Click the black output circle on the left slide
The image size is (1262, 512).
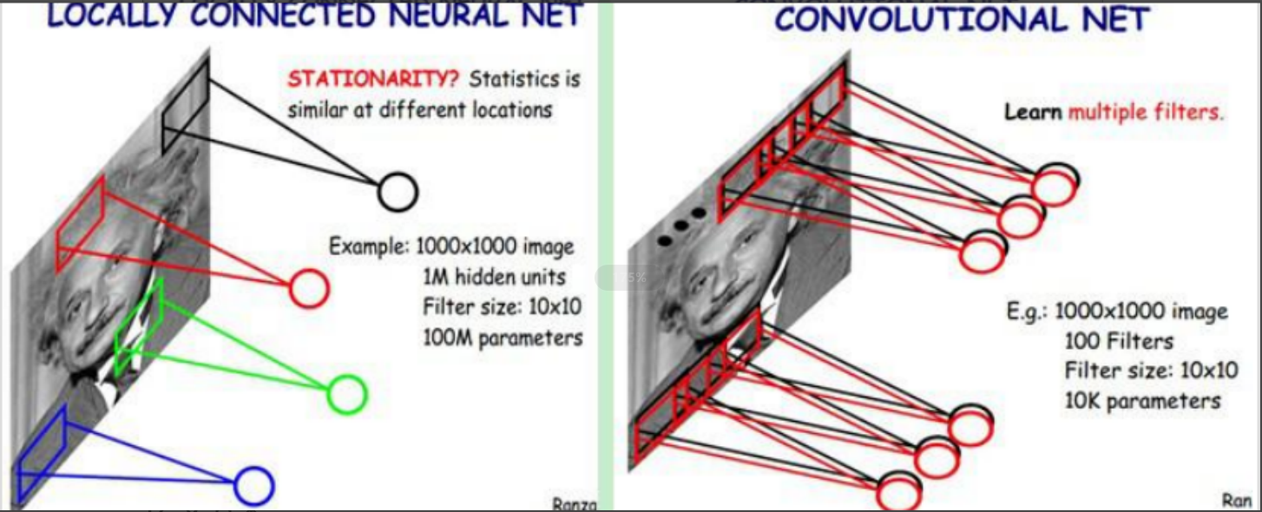click(398, 191)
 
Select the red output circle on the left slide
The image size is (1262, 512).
click(309, 288)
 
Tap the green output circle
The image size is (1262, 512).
click(347, 395)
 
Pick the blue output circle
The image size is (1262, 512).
click(253, 486)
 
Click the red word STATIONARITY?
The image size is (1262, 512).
click(374, 80)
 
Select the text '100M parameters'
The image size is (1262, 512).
click(503, 338)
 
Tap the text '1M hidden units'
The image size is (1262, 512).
click(494, 278)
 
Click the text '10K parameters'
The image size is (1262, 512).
click(1142, 400)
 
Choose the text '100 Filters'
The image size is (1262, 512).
click(1119, 341)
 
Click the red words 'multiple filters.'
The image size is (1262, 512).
click(1146, 112)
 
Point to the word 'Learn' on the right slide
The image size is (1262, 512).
click(1033, 112)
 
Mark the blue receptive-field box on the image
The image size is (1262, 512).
click(41, 452)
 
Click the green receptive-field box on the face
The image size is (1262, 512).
click(139, 325)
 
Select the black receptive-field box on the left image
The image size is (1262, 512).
click(185, 105)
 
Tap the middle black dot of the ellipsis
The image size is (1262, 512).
click(681, 226)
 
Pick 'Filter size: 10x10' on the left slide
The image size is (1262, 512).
click(503, 307)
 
